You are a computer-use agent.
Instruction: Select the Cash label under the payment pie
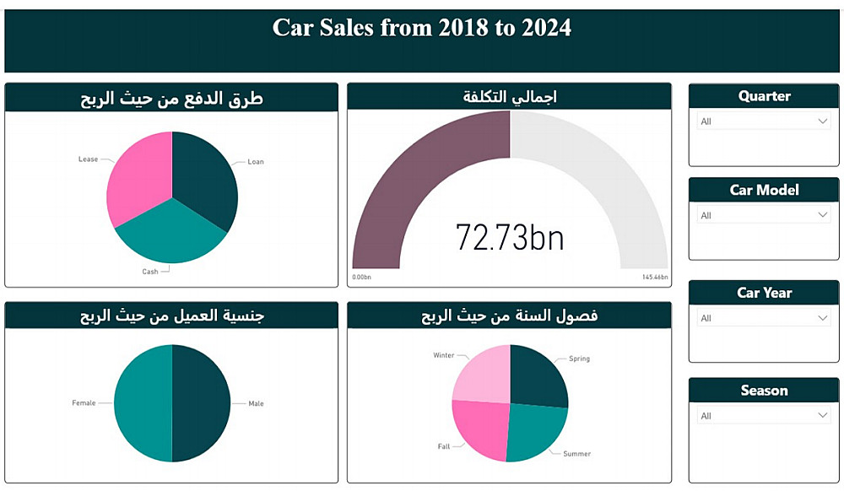click(x=150, y=272)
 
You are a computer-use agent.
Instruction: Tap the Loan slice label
click(x=255, y=162)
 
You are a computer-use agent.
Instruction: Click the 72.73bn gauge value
click(x=510, y=238)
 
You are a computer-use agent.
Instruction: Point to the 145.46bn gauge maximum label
click(x=655, y=277)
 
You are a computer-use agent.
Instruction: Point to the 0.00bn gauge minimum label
click(x=361, y=277)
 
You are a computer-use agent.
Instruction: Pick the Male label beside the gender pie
click(x=256, y=403)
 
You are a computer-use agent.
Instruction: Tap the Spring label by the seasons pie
click(x=579, y=359)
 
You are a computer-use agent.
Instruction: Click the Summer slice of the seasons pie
click(x=535, y=430)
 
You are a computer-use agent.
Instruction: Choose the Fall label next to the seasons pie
click(x=444, y=446)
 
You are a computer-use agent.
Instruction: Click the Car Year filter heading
click(x=764, y=293)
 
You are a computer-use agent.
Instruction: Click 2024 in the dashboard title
click(x=545, y=28)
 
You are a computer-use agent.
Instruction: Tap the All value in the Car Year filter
click(x=706, y=318)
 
